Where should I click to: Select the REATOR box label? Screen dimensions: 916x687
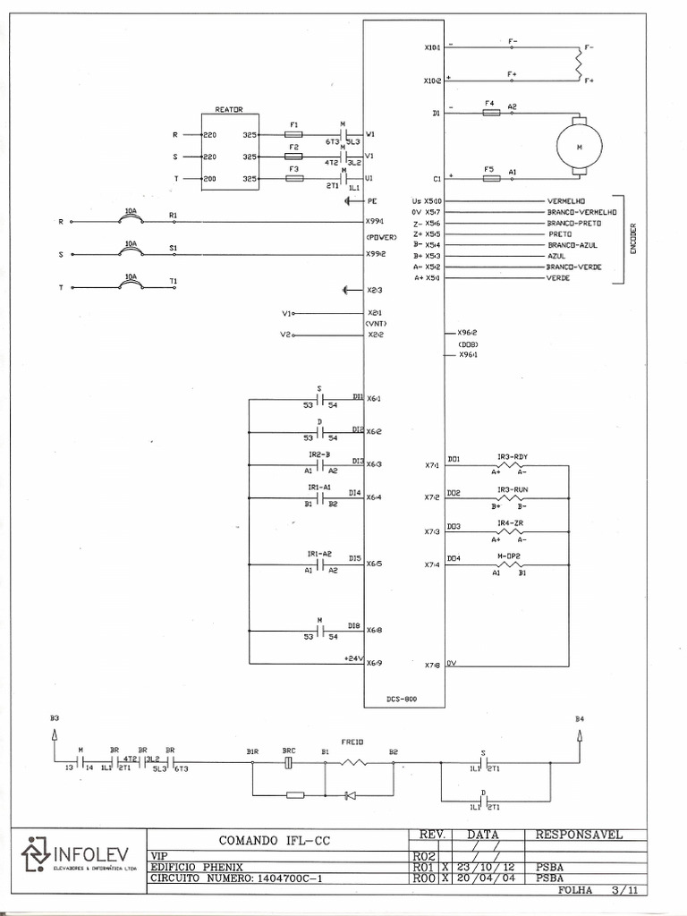pos(229,109)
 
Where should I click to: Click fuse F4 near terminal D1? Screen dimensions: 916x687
pos(490,113)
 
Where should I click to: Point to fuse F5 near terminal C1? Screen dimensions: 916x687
pos(490,178)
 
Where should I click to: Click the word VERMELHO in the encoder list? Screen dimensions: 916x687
pos(566,201)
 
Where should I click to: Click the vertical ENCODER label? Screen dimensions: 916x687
pos(632,239)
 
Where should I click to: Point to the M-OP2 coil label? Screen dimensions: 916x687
pos(509,556)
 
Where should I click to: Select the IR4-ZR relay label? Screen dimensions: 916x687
pos(509,522)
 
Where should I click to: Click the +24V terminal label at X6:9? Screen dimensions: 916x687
pos(352,659)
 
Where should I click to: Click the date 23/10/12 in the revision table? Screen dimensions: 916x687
pos(488,866)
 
